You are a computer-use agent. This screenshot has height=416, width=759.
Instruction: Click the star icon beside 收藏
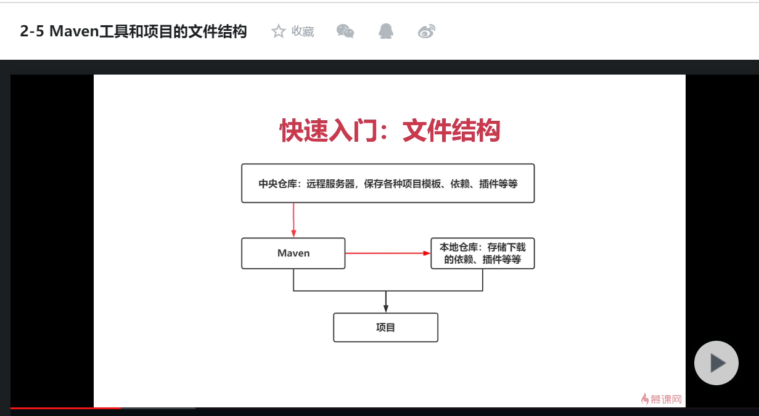point(279,31)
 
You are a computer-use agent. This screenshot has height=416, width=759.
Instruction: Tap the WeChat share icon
point(345,31)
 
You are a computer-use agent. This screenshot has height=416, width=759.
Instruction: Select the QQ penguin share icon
point(386,31)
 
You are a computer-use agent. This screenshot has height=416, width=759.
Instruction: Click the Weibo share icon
point(427,31)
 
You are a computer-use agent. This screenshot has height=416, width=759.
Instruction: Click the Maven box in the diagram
point(293,253)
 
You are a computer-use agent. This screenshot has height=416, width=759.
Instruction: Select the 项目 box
point(385,327)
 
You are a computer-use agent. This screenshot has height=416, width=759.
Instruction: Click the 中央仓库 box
point(387,183)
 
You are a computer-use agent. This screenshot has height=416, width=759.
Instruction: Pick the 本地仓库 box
point(482,253)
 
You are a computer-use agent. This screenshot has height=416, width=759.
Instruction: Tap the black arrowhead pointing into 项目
point(385,308)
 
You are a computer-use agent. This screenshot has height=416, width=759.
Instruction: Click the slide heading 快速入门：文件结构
point(390,131)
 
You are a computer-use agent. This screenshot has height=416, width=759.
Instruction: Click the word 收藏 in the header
point(303,31)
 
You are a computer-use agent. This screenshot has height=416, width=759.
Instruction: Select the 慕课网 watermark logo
point(662,399)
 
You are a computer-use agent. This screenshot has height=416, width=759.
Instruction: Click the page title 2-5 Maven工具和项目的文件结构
point(133,31)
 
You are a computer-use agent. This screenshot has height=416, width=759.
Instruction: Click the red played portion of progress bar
point(65,408)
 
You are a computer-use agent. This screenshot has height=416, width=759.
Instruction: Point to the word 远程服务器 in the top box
point(330,184)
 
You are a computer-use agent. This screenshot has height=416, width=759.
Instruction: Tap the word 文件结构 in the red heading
point(451,131)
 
